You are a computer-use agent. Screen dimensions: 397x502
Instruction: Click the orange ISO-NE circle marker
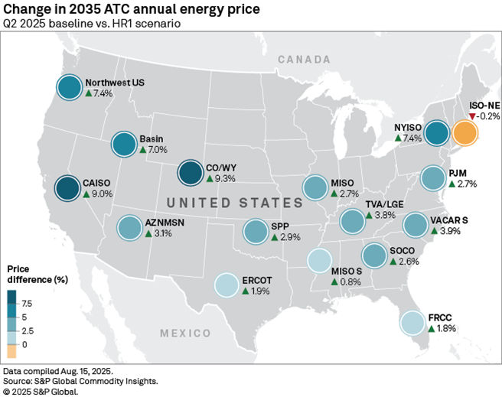464,133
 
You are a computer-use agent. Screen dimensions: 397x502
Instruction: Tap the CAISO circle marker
69,188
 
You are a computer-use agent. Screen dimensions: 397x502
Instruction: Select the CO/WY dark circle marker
190,173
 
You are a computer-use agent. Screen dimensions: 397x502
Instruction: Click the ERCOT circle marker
227,285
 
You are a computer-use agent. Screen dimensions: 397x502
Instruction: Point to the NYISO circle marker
437,133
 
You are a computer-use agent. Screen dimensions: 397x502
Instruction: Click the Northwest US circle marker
69,87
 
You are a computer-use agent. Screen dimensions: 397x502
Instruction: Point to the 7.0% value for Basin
158,151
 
